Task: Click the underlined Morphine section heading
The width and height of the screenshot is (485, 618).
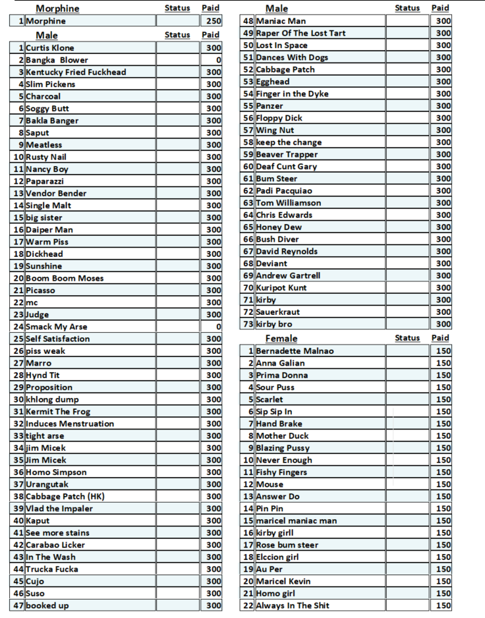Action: pyautogui.click(x=57, y=9)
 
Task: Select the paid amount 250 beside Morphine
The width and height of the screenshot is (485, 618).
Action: pyautogui.click(x=214, y=21)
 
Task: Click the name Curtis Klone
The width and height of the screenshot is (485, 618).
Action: pyautogui.click(x=50, y=48)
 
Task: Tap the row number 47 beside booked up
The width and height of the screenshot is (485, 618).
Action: pyautogui.click(x=18, y=605)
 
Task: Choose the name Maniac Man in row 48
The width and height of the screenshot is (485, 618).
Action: pyautogui.click(x=281, y=21)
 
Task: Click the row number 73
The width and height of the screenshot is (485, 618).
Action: pyautogui.click(x=248, y=324)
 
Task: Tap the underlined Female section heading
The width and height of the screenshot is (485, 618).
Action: pyautogui.click(x=281, y=339)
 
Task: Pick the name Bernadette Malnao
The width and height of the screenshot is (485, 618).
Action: pyautogui.click(x=295, y=351)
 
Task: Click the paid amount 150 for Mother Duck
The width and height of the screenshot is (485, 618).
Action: pyautogui.click(x=443, y=436)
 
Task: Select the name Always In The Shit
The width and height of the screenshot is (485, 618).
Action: pyautogui.click(x=293, y=605)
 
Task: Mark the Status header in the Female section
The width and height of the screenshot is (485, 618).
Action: pyautogui.click(x=407, y=338)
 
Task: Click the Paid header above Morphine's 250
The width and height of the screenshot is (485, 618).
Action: pyautogui.click(x=211, y=8)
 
